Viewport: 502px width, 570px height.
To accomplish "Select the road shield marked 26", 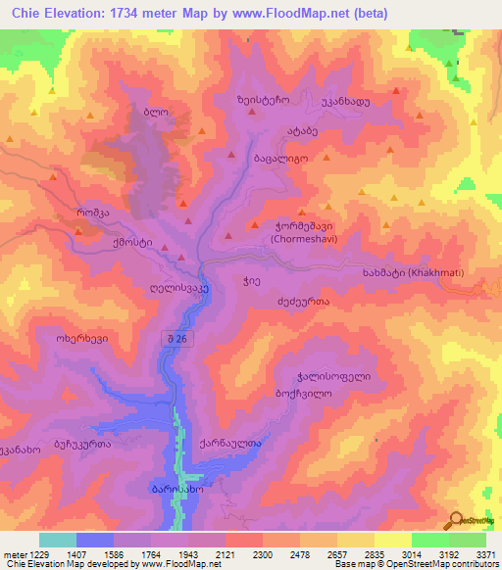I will click(176, 338).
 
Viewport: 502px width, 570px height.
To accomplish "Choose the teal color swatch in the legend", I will click(58, 540).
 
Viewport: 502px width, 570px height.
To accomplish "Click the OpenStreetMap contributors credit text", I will click(440, 564).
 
